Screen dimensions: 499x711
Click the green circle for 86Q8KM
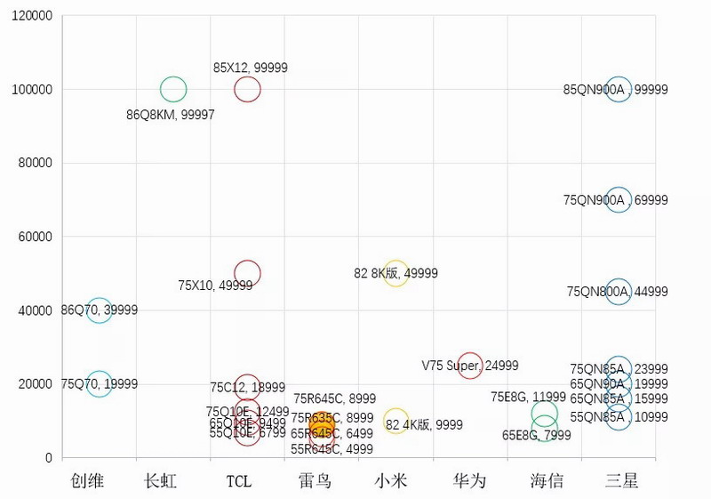(173, 89)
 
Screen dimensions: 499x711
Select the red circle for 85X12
(247, 89)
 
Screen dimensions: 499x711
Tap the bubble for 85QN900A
(618, 89)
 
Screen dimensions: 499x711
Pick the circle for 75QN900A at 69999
(618, 199)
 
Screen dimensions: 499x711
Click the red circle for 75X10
(247, 273)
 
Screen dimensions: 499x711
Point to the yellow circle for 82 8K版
(395, 273)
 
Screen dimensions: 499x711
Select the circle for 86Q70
(100, 310)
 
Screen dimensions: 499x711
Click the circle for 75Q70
(100, 384)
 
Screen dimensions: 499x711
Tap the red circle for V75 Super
(469, 366)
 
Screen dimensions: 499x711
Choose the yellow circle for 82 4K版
(395, 421)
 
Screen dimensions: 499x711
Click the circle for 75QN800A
(618, 292)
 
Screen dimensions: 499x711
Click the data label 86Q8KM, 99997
(171, 115)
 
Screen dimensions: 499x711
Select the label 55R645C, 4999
(332, 449)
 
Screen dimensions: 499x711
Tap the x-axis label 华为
(469, 481)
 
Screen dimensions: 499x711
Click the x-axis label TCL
(238, 481)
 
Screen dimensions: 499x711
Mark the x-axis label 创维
(88, 481)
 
